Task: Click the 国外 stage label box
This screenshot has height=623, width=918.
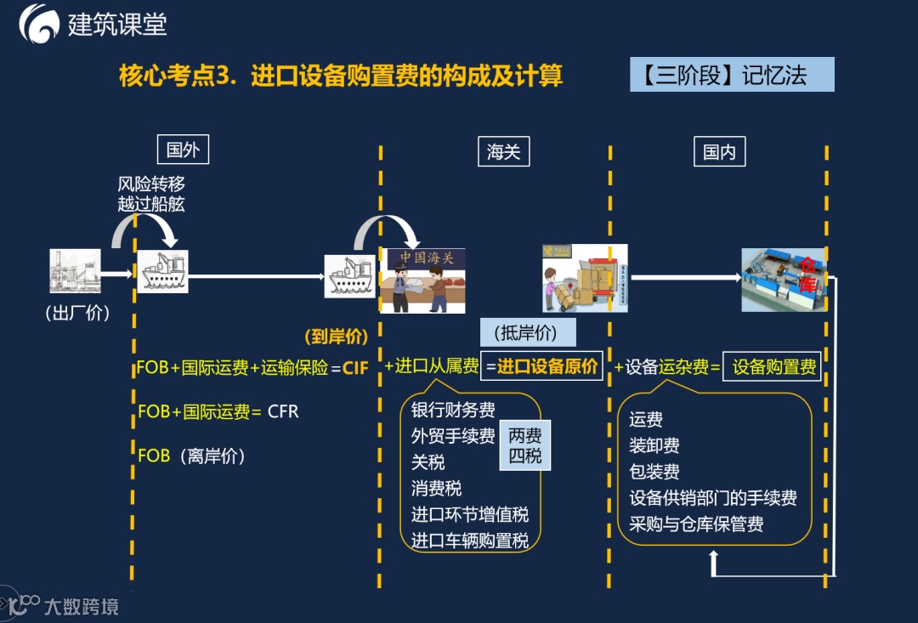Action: pyautogui.click(x=183, y=150)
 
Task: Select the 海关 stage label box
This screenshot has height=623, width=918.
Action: pyautogui.click(x=503, y=151)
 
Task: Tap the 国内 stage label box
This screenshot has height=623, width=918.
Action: pyautogui.click(x=719, y=151)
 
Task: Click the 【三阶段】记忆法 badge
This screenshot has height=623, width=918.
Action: pyautogui.click(x=732, y=75)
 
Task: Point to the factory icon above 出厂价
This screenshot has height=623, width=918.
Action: pyautogui.click(x=75, y=271)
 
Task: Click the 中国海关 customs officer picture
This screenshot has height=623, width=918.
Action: pyautogui.click(x=422, y=280)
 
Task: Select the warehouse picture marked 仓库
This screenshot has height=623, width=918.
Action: pyautogui.click(x=784, y=279)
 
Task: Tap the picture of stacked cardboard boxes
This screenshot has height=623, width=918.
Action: pyautogui.click(x=586, y=278)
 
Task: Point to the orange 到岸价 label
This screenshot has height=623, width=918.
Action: pyautogui.click(x=336, y=337)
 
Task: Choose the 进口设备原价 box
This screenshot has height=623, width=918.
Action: pyautogui.click(x=541, y=366)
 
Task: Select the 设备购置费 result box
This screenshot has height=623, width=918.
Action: pyautogui.click(x=773, y=367)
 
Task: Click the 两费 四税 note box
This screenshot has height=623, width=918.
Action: pyautogui.click(x=524, y=445)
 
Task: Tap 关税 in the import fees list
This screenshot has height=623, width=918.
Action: pyautogui.click(x=428, y=462)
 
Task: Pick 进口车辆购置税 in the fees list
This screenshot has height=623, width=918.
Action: pyautogui.click(x=469, y=541)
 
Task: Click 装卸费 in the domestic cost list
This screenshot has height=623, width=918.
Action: pyautogui.click(x=654, y=445)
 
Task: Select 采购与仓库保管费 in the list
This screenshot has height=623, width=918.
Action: pyautogui.click(x=695, y=524)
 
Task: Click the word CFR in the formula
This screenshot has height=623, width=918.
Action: pyautogui.click(x=283, y=411)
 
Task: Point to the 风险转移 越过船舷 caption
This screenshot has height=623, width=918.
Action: pyautogui.click(x=150, y=193)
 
